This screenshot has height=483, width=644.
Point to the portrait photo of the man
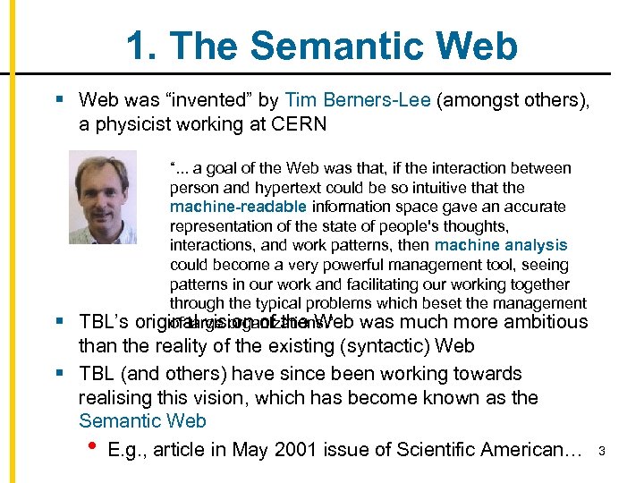click(103, 198)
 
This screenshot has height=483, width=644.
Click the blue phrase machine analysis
click(501, 245)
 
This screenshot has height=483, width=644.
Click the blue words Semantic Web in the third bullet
click(142, 421)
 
